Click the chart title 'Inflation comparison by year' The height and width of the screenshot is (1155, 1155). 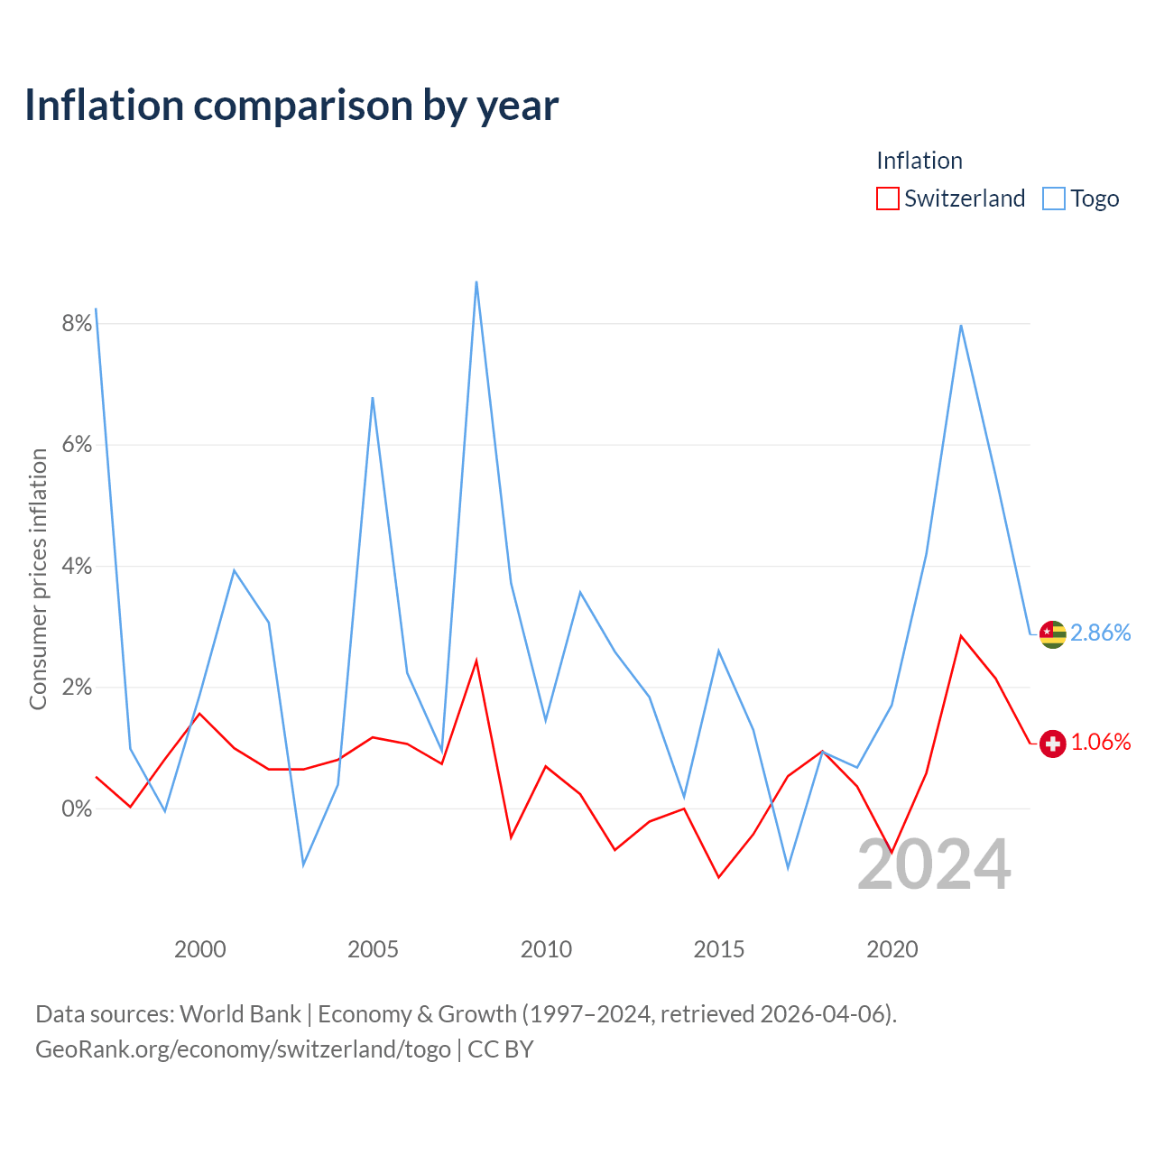(291, 106)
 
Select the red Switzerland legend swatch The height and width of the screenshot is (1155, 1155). (887, 199)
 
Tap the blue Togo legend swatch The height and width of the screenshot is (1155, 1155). (1054, 199)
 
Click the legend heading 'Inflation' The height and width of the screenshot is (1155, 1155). (919, 161)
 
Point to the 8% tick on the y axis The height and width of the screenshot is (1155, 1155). (77, 324)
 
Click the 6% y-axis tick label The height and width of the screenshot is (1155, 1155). (77, 445)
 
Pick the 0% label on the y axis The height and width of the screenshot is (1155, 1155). (77, 808)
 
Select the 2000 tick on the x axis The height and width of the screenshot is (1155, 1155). (199, 949)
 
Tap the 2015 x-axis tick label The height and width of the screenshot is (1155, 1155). (718, 949)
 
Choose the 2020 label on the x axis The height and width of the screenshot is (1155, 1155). (892, 949)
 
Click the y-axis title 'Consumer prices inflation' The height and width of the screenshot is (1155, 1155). (38, 579)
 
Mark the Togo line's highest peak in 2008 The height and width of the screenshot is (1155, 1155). (476, 282)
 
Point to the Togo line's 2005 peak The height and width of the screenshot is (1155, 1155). (373, 398)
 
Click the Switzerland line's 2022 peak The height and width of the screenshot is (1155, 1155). (961, 636)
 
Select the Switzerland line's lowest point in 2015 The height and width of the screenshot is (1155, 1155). (718, 877)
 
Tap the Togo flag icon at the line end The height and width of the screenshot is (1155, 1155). (1052, 634)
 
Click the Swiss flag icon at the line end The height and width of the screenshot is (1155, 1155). (1052, 744)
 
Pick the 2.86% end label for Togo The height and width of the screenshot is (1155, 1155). (1101, 633)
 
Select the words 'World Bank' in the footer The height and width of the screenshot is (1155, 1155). (240, 1014)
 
